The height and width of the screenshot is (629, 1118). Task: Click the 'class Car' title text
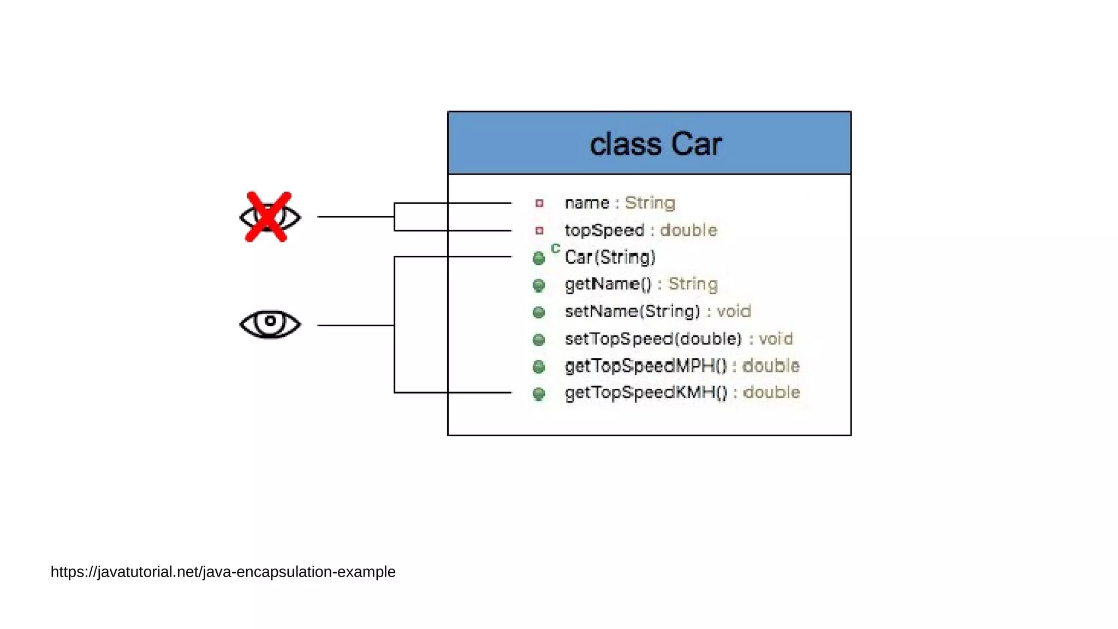[655, 144]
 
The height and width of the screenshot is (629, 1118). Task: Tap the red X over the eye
[267, 217]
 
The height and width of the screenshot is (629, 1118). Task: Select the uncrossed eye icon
[270, 324]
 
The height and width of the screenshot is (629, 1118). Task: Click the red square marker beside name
[539, 203]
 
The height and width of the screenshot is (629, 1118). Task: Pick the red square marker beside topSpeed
[539, 230]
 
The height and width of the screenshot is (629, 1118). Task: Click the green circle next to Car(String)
[539, 258]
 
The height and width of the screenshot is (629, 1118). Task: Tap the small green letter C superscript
[555, 248]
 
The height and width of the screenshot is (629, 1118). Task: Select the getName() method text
[608, 284]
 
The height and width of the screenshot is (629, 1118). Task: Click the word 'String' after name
[650, 203]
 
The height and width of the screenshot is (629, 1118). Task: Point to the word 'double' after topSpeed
[688, 230]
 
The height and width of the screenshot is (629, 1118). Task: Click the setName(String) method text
[632, 311]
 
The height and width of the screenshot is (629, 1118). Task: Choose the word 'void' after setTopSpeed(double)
[775, 339]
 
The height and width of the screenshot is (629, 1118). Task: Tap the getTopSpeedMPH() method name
[646, 365]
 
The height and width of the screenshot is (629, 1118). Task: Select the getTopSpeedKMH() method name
[646, 393]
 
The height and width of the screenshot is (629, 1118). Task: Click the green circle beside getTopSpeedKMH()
[539, 393]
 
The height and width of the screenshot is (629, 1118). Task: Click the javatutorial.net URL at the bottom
[223, 572]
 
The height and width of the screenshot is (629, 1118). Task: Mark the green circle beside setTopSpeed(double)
[539, 340]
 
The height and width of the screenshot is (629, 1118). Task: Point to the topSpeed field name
[604, 230]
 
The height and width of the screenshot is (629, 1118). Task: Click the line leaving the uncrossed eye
[355, 325]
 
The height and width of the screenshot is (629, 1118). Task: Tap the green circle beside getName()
[539, 285]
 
